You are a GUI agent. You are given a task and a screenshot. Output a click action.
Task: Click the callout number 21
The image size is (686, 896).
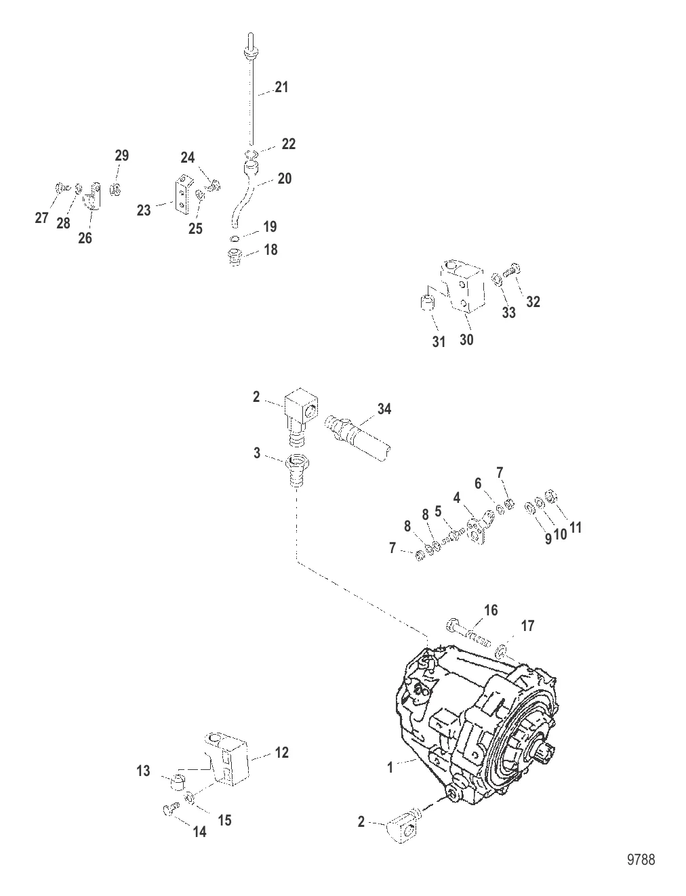pos(281,87)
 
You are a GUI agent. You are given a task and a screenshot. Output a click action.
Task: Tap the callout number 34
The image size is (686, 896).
pos(384,409)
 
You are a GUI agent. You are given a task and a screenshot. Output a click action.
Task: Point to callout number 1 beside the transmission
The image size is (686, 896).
pos(390,768)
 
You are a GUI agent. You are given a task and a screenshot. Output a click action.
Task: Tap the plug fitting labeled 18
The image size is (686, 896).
pos(235,256)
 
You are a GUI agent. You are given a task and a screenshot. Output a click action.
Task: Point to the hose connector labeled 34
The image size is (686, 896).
pos(358,438)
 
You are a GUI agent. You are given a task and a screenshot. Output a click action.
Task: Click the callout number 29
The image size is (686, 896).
pos(121,155)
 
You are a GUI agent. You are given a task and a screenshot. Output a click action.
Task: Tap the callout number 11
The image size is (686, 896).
pos(575,527)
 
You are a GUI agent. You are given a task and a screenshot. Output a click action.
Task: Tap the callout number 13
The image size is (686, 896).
pos(144,771)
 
